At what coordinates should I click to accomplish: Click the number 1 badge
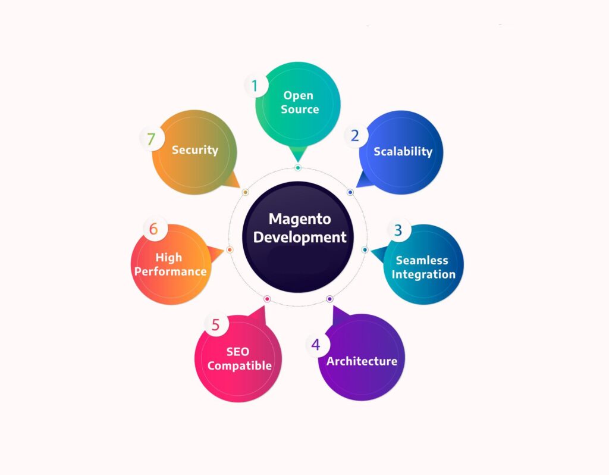pos(255,86)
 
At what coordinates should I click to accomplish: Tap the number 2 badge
pos(355,136)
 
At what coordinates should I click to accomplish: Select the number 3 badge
pos(398,230)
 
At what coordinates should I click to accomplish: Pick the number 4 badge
pos(316,345)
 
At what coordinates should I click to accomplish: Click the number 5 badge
pos(215,325)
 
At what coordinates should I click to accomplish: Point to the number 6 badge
pos(153,229)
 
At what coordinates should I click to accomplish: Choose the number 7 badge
pos(151,139)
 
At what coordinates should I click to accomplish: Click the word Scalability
pos(403,151)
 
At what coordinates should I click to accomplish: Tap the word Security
pos(195,150)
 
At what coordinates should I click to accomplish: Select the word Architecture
pos(362,361)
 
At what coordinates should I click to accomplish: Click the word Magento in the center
pos(300,218)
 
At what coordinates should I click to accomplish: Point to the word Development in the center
pos(300,237)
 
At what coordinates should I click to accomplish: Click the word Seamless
pos(422,260)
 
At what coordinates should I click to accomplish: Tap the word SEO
pos(237,352)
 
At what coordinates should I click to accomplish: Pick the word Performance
pos(170,271)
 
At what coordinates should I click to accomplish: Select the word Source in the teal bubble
pos(300,110)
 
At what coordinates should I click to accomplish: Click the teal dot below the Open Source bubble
pos(298,168)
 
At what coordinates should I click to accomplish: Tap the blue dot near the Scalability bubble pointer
pos(350,192)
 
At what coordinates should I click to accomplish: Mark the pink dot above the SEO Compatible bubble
pos(267,299)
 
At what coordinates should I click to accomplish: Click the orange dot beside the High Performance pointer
pos(230,249)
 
